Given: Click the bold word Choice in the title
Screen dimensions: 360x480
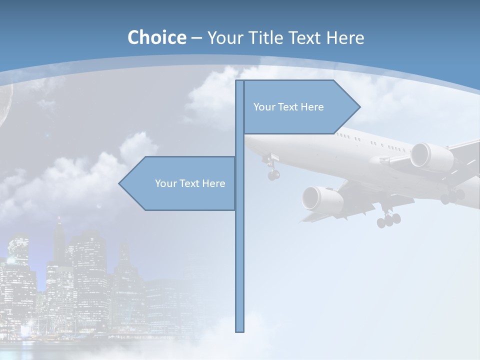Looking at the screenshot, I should [156, 37].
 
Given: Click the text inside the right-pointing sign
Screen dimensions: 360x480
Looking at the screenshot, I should [288, 107].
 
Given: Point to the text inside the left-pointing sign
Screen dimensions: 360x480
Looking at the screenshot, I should [190, 183].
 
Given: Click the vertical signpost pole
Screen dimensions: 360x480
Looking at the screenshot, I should [240, 250].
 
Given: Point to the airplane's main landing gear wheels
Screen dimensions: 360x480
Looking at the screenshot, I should [389, 219].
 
